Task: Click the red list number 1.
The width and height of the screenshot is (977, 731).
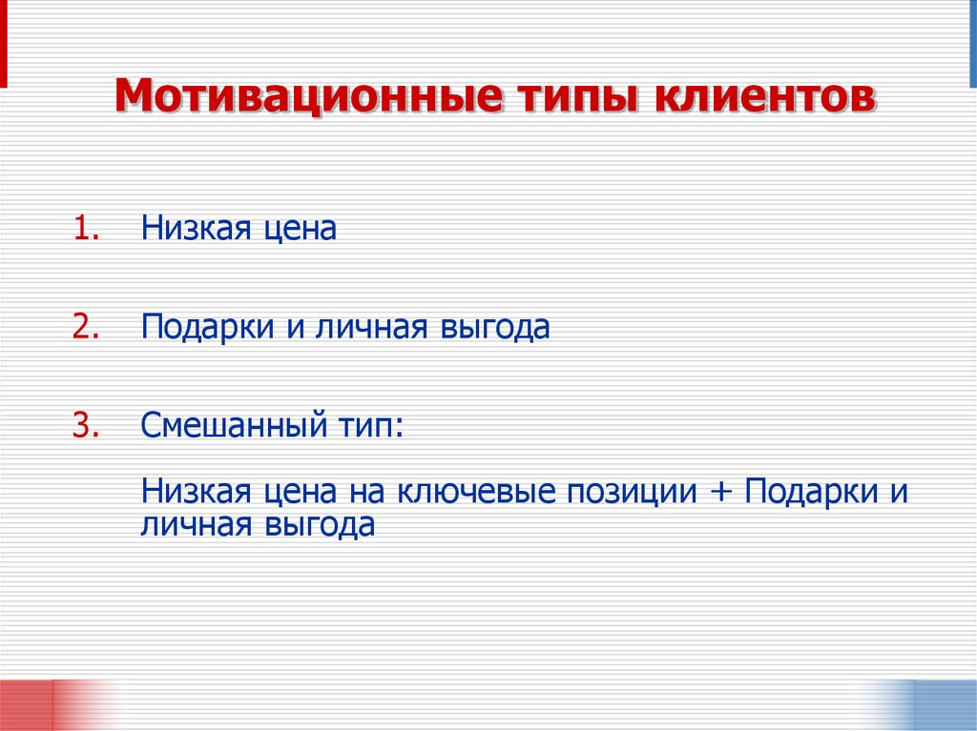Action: (86, 230)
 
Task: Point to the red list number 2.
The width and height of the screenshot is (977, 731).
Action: (86, 327)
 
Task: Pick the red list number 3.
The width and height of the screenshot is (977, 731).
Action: (86, 424)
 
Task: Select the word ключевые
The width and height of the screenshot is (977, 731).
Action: (477, 492)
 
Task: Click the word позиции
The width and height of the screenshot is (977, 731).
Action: (632, 494)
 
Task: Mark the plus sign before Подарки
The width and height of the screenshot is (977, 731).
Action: (721, 494)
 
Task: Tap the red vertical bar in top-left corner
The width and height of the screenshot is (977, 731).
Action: (4, 43)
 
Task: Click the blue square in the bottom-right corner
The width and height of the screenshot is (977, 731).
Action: (945, 705)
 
